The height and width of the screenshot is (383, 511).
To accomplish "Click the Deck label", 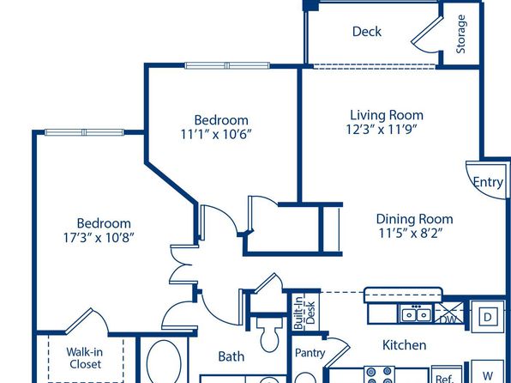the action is pyautogui.click(x=367, y=32).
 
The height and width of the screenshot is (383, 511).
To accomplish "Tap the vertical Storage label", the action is pyautogui.click(x=460, y=34).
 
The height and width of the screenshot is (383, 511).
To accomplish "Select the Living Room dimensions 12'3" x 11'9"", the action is pyautogui.click(x=382, y=130).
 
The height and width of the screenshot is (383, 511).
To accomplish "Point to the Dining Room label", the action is pyautogui.click(x=414, y=219).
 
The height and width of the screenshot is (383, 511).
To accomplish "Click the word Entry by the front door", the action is pyautogui.click(x=488, y=182).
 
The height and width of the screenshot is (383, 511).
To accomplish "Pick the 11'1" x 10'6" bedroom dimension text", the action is pyautogui.click(x=217, y=134).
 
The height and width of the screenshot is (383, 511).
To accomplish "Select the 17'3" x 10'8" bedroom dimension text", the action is pyautogui.click(x=99, y=237).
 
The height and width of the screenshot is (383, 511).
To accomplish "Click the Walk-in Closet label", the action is pyautogui.click(x=85, y=358).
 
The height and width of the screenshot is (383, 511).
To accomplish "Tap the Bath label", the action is pyautogui.click(x=231, y=356).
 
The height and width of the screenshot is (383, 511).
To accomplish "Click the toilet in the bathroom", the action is pyautogui.click(x=269, y=334).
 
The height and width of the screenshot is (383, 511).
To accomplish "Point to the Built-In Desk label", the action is pyautogui.click(x=304, y=313).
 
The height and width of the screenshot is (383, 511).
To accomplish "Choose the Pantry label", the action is pyautogui.click(x=310, y=353).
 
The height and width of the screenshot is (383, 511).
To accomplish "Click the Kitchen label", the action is pyautogui.click(x=404, y=345).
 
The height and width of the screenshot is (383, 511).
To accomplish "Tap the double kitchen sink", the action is pyautogui.click(x=416, y=314).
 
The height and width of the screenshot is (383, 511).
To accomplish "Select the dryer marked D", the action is pyautogui.click(x=488, y=317).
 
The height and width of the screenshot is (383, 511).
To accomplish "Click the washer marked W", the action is pyautogui.click(x=488, y=374).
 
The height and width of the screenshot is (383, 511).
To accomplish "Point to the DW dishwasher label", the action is pyautogui.click(x=448, y=319).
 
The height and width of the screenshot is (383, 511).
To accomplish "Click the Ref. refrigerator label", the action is pyautogui.click(x=445, y=379).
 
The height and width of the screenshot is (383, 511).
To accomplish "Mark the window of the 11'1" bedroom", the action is pyautogui.click(x=227, y=65).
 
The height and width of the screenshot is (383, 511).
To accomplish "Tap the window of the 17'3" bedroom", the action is pyautogui.click(x=84, y=132).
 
